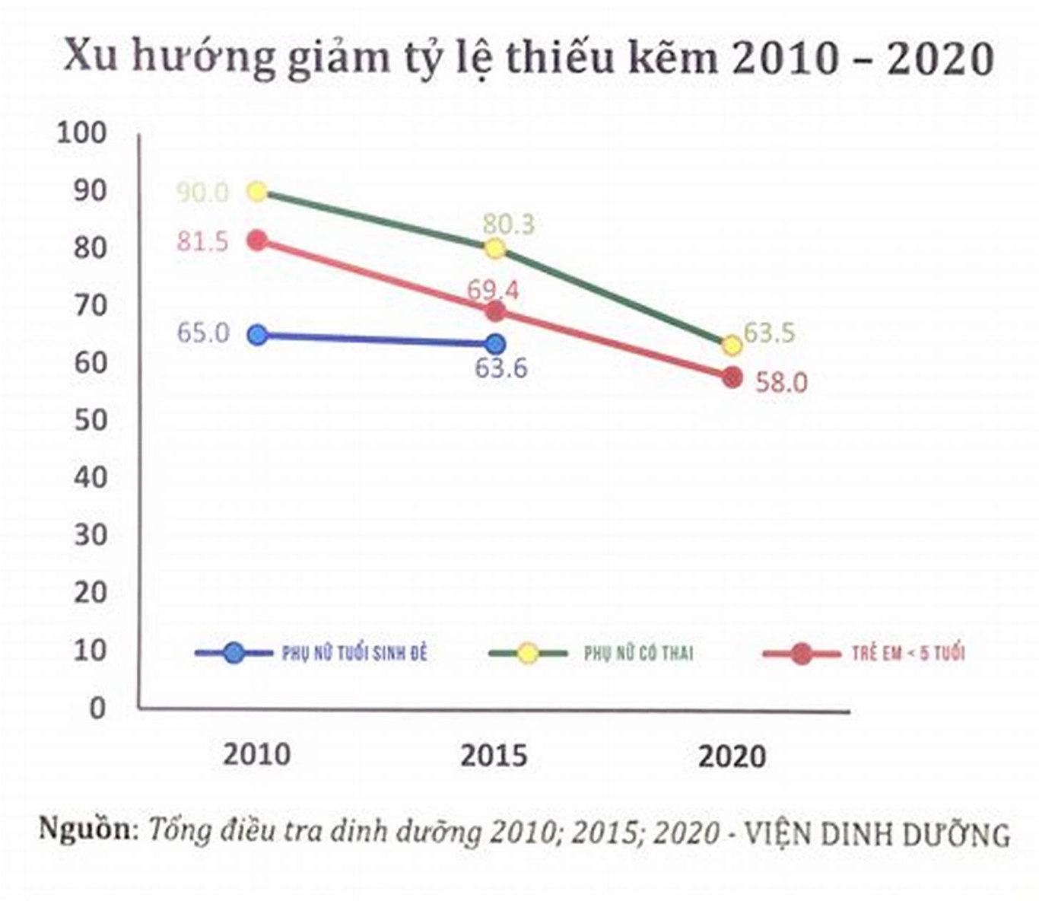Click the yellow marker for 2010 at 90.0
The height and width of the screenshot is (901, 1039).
(x=258, y=192)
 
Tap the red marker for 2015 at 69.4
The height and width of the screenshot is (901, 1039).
(x=495, y=311)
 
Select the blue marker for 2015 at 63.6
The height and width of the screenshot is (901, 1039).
(x=495, y=344)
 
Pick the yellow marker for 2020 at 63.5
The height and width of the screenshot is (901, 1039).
(x=732, y=345)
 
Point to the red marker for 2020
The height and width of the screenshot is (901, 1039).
(x=732, y=377)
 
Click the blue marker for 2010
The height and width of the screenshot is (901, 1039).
(x=258, y=335)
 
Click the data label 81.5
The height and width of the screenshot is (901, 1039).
(x=202, y=242)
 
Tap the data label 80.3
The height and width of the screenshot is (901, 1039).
(x=508, y=224)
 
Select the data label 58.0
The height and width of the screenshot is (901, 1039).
(x=781, y=382)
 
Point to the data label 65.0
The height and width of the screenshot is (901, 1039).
(x=202, y=333)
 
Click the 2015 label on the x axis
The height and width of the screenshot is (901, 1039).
(x=494, y=756)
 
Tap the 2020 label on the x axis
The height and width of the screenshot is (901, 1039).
(x=732, y=756)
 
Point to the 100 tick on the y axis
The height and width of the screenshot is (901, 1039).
(x=81, y=133)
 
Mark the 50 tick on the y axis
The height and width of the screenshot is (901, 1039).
(x=90, y=420)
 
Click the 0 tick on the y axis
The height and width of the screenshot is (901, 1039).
(x=97, y=708)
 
